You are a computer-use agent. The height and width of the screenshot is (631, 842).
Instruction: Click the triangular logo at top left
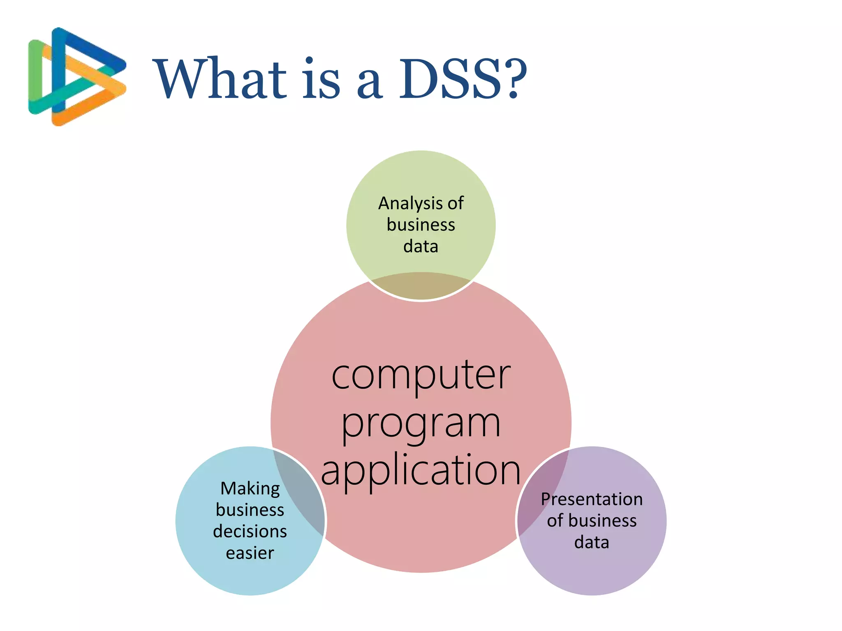(76, 77)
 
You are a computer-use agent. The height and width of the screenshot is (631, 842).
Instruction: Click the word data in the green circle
(421, 246)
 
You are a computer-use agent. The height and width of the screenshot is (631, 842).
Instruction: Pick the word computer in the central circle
(421, 376)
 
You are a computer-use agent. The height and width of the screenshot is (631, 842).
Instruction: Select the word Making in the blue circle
(250, 489)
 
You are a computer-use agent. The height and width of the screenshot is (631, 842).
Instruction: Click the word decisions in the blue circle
(250, 532)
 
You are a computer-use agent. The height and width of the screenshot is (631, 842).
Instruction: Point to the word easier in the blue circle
(250, 553)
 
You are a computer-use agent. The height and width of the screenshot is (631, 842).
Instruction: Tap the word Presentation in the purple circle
(592, 500)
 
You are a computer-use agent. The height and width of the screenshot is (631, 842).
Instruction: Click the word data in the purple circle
(592, 543)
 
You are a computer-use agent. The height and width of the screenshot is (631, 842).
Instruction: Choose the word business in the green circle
(421, 225)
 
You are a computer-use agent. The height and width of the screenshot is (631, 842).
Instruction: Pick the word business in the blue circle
(250, 510)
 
